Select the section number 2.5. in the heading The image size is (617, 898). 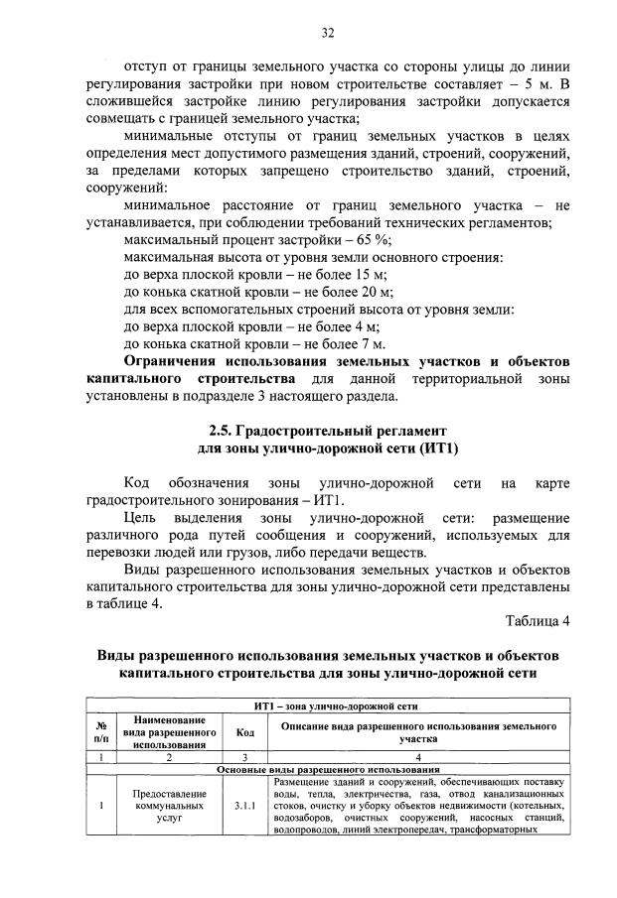point(224,431)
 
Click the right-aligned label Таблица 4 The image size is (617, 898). point(537,622)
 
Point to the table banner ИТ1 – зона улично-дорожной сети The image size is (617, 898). point(328,706)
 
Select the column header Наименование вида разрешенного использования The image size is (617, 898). point(168,732)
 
